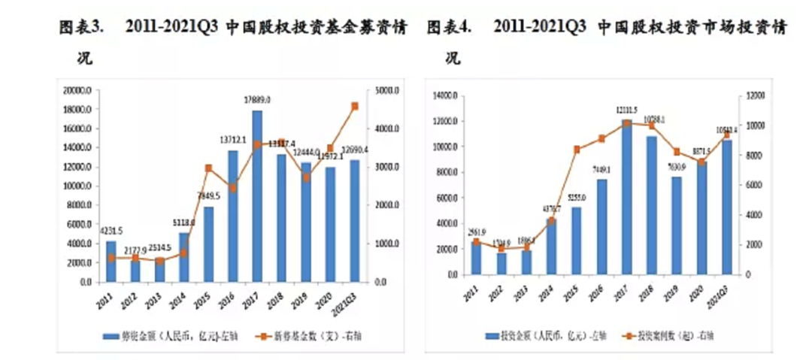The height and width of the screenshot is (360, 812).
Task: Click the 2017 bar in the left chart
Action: coord(257,196)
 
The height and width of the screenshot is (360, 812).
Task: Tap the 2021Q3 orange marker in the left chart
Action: coord(355,106)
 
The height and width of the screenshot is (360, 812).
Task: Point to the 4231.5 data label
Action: coord(111,231)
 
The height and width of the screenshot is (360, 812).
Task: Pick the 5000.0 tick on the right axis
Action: coord(387,90)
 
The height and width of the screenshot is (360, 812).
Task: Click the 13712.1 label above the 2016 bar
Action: coord(232,140)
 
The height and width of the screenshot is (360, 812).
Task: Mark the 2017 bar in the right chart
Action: coord(627,198)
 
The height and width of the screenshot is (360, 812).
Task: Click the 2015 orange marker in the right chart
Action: coord(577,150)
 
